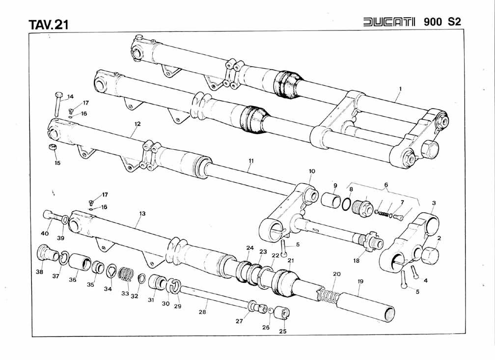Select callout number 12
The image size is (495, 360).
(137, 124)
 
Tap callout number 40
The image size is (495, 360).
(44, 233)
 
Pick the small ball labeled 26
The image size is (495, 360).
(270, 310)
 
